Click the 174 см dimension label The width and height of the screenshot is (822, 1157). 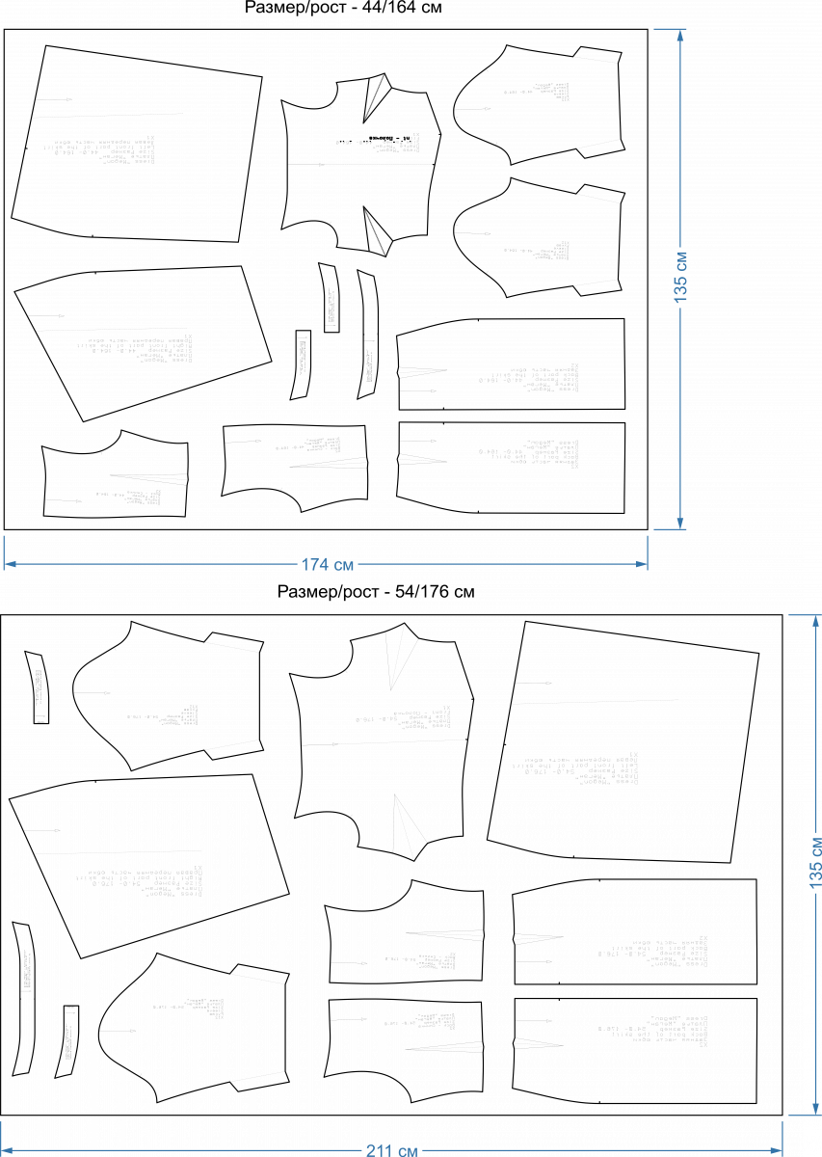(x=328, y=565)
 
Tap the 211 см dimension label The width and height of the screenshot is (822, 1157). (x=391, y=1150)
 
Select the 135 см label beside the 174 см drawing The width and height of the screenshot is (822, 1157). (x=681, y=278)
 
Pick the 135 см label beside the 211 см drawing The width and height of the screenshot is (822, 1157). (x=816, y=863)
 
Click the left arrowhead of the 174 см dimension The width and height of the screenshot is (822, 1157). (x=11, y=564)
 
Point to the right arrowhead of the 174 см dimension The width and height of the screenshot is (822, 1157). (x=641, y=564)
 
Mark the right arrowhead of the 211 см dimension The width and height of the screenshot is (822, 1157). (x=776, y=1150)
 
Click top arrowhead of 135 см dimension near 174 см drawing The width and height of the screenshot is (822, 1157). (x=680, y=36)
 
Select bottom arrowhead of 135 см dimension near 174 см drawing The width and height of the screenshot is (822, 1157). (x=680, y=523)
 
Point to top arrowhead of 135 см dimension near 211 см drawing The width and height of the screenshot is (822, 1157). (x=816, y=621)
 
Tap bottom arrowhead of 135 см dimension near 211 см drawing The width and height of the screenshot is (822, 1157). (x=816, y=1109)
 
